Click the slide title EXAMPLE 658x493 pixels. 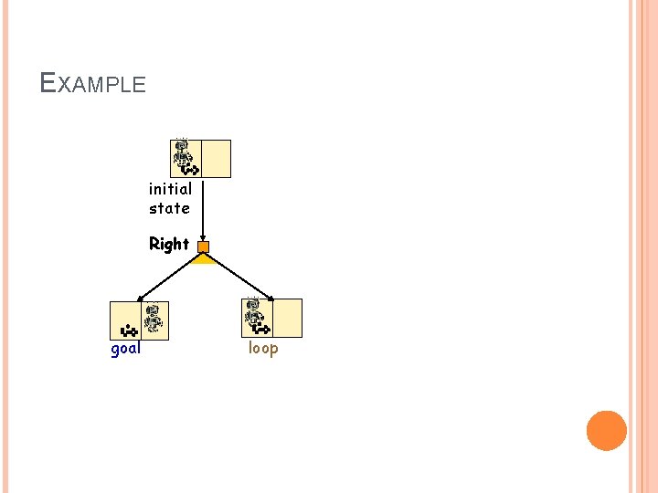point(93,84)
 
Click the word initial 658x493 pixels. point(170,189)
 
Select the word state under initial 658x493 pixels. point(170,208)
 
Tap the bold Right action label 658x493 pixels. point(169,244)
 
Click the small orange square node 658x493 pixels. point(203,246)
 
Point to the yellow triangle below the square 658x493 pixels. point(203,259)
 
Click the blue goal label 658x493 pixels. point(125,348)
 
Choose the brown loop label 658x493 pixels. point(263,348)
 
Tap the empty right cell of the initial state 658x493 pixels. point(216,158)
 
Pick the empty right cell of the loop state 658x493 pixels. point(287,319)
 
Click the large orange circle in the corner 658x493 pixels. point(606,430)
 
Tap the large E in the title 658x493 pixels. point(48,83)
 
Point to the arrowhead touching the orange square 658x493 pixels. point(203,237)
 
